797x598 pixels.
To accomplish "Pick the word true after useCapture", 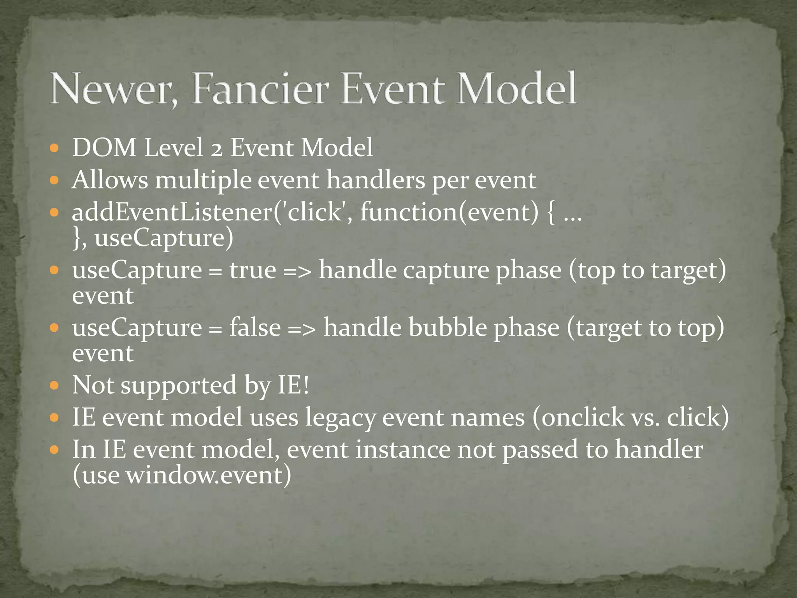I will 253,270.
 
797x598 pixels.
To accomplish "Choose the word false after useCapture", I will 255,327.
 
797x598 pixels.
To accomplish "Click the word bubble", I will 447,327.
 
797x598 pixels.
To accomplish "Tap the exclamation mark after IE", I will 305,385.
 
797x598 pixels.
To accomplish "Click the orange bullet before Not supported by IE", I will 54,386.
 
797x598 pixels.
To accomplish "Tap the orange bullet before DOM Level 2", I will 54,148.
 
